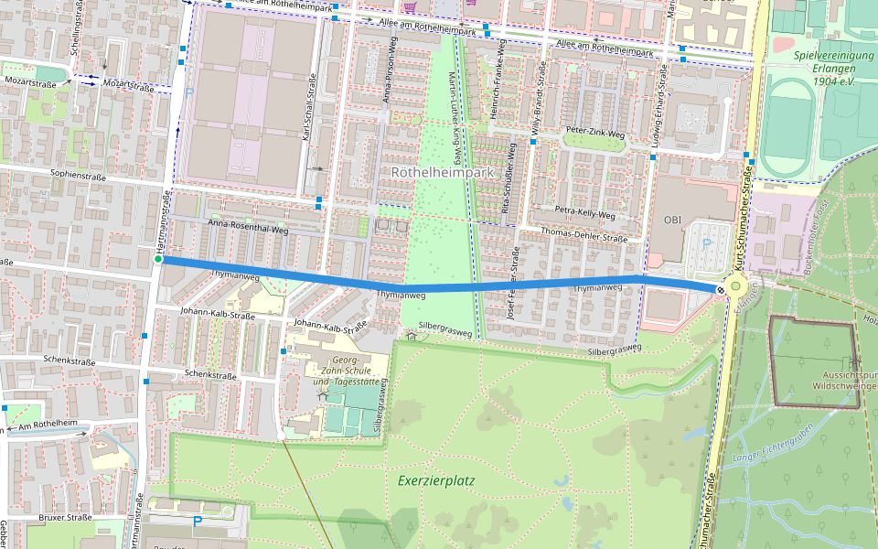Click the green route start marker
(x=158, y=260)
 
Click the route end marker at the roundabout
(x=721, y=290)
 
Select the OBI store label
(x=673, y=220)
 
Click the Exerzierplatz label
(x=436, y=479)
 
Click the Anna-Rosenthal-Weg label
(x=248, y=223)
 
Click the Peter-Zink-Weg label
(x=594, y=134)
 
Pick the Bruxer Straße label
(x=67, y=517)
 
